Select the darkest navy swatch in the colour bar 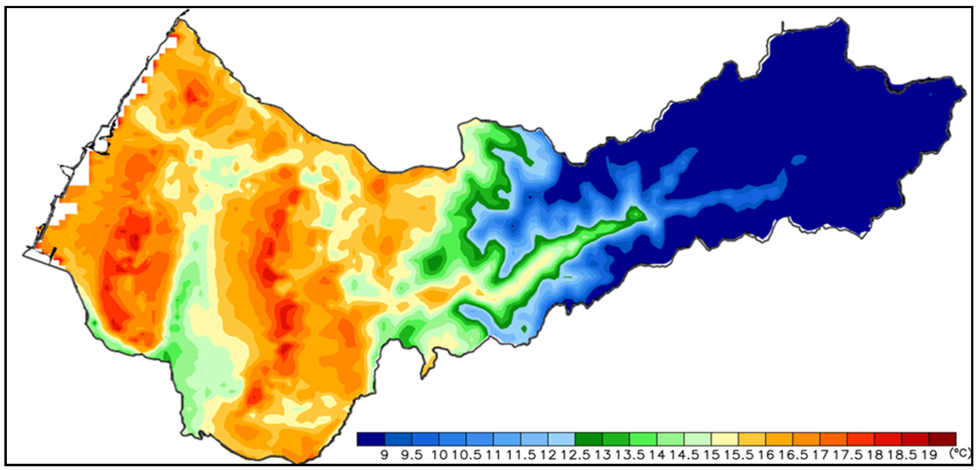[371, 438]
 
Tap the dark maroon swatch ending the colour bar [942, 438]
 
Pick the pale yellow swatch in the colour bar [725, 438]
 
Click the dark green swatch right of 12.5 [588, 438]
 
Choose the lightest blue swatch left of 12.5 [561, 438]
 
